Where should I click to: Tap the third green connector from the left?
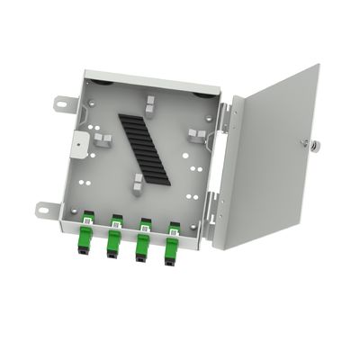[141, 240]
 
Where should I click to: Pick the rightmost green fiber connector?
[169, 243]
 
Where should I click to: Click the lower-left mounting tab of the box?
[45, 208]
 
